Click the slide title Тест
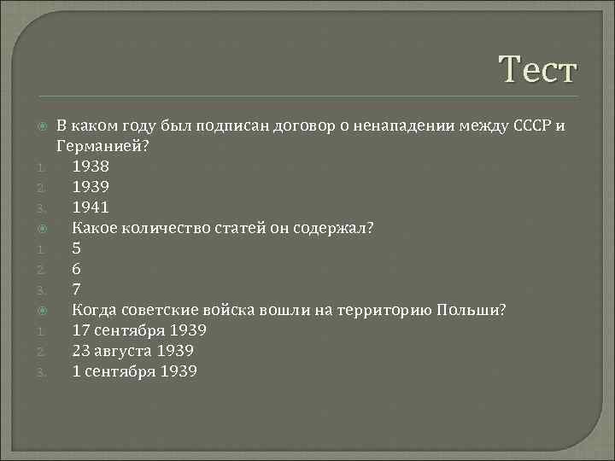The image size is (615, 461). point(538,69)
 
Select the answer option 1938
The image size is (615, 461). point(91,166)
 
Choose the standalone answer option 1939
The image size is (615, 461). point(91,186)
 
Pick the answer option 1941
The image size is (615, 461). point(91,207)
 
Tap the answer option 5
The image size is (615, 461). point(77,248)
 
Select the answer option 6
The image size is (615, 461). point(77,268)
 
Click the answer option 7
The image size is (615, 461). point(77,289)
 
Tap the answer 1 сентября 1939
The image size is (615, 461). point(135,371)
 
